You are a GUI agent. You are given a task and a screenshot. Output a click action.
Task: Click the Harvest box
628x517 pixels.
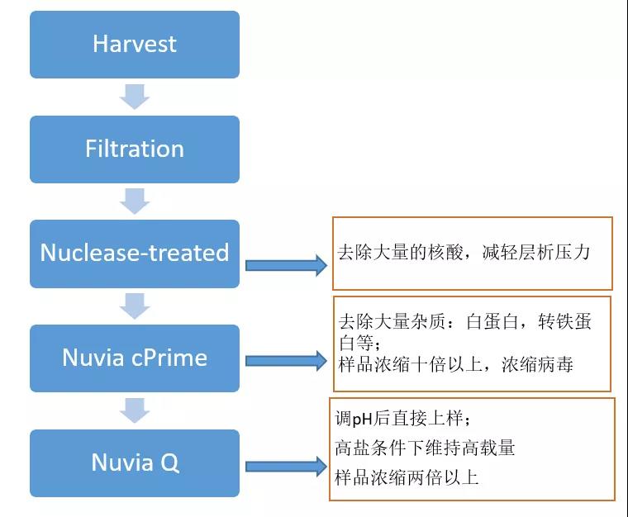click(135, 45)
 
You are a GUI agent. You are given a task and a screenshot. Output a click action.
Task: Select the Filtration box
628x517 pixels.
click(135, 149)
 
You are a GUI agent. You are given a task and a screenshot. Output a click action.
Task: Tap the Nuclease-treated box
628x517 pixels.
click(135, 254)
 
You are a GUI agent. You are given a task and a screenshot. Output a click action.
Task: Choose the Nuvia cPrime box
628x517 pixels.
click(135, 358)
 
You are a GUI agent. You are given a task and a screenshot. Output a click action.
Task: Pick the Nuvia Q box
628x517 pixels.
click(135, 463)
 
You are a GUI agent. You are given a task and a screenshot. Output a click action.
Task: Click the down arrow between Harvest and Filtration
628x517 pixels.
click(135, 97)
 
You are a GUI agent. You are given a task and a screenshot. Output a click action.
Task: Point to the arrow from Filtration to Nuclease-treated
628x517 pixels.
click(135, 202)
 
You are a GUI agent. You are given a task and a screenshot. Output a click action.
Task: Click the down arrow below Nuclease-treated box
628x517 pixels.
click(135, 306)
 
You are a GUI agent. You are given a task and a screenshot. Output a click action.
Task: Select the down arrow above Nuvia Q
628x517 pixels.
click(135, 410)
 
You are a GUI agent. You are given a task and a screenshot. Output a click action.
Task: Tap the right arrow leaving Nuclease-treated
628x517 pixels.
click(286, 265)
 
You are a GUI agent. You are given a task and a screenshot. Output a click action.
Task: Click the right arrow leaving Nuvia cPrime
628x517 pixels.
click(286, 361)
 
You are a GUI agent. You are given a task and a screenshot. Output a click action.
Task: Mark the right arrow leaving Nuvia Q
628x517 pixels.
click(286, 466)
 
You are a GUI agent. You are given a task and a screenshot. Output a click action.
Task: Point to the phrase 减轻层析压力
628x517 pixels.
click(536, 252)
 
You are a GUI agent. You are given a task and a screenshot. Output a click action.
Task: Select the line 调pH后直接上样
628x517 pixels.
click(402, 419)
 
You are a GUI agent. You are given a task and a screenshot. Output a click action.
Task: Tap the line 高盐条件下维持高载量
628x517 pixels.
click(425, 448)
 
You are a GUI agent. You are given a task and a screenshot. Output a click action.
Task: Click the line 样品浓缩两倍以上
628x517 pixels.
click(407, 477)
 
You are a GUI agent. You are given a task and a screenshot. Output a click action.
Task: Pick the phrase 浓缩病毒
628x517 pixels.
click(537, 364)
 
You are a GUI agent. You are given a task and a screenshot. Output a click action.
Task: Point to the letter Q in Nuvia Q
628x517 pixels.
click(169, 463)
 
